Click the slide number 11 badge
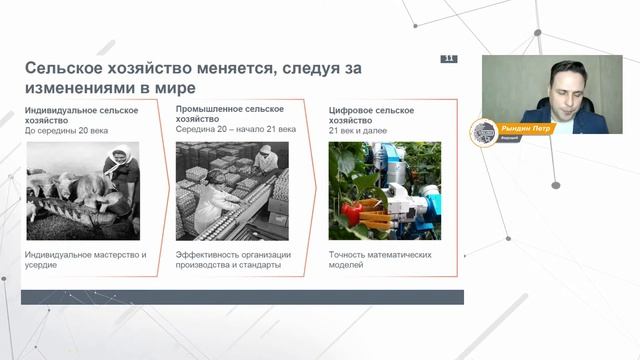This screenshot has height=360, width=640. coord(449,59)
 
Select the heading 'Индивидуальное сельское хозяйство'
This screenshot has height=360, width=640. coord(81,114)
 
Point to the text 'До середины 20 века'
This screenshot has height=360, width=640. coord(66,130)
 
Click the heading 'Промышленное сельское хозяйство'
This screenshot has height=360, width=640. coord(229,114)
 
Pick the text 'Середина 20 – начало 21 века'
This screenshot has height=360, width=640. coord(238,130)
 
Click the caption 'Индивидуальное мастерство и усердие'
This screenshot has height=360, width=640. coord(85,260)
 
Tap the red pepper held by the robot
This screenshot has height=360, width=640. coord(351,212)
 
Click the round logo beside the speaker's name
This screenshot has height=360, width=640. coord(484,132)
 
